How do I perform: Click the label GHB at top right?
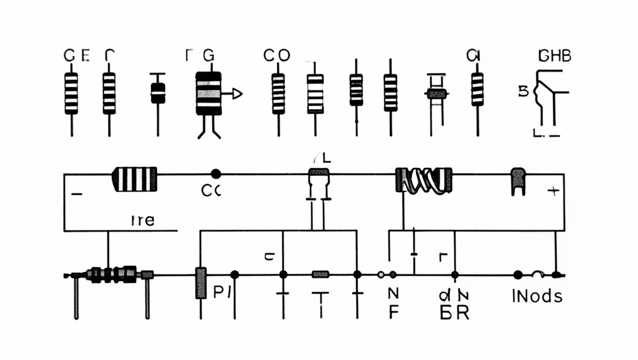pyautogui.click(x=555, y=56)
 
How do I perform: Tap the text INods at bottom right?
pyautogui.click(x=537, y=296)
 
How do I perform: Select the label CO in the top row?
pyautogui.click(x=277, y=56)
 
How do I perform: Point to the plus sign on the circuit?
pyautogui.click(x=554, y=191)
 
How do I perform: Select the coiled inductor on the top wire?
pyautogui.click(x=424, y=180)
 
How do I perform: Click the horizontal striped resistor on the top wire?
pyautogui.click(x=134, y=179)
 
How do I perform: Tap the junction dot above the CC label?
pyautogui.click(x=216, y=174)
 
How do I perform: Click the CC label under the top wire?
pyautogui.click(x=211, y=191)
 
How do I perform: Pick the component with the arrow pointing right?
pyautogui.click(x=209, y=93)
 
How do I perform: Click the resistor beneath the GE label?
pyautogui.click(x=71, y=93)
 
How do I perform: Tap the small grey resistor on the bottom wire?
pyautogui.click(x=320, y=274)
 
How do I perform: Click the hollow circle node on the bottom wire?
pyautogui.click(x=381, y=275)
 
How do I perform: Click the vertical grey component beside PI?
pyautogui.click(x=201, y=283)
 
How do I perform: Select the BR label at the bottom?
pyautogui.click(x=455, y=313)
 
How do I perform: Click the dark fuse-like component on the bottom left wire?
pyautogui.click(x=113, y=274)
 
